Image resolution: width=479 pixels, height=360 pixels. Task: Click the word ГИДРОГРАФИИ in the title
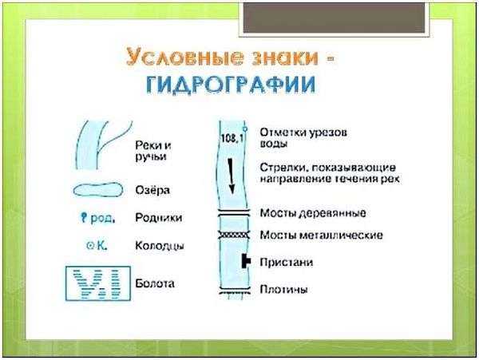231,85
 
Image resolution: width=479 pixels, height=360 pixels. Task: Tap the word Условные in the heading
185,57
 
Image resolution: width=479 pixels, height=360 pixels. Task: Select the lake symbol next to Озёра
98,190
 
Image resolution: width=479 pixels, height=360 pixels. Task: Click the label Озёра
152,190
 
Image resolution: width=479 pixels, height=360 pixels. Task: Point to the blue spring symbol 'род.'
97,218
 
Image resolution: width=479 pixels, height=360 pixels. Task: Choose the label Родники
159,218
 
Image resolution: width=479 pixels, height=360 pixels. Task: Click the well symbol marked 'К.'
97,245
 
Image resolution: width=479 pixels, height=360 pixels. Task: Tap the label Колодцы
160,246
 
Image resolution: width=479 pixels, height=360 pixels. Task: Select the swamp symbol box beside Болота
98,283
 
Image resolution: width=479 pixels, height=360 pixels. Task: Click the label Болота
155,283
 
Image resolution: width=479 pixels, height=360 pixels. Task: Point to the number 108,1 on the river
232,138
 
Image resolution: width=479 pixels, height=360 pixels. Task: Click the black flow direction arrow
232,176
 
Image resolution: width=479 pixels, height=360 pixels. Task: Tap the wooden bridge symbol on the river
234,213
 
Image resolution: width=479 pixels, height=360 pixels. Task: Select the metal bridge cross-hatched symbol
234,235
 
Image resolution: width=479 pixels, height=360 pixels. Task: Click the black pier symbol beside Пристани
246,261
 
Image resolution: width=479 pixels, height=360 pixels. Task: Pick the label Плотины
283,289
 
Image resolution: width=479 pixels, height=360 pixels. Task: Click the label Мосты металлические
321,235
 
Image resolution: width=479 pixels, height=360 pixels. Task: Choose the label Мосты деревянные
313,213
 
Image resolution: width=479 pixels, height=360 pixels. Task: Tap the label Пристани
287,263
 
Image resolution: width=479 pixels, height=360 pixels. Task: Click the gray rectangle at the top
334,18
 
